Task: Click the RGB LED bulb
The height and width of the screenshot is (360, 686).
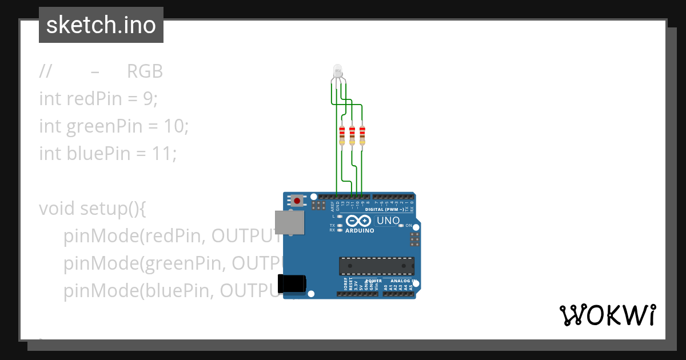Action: [337, 71]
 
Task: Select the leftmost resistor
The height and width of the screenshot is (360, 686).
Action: [342, 135]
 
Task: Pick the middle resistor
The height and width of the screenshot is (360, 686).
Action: [352, 135]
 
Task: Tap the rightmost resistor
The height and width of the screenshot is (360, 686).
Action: [362, 135]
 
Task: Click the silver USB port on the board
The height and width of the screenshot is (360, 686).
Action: [290, 223]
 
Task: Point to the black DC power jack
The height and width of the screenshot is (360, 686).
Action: [292, 284]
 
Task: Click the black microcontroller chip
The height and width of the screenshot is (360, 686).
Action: [376, 266]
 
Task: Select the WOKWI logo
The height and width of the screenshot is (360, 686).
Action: [607, 315]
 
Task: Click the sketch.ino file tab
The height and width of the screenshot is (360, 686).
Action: [101, 25]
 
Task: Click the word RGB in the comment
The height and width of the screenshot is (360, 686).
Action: [145, 71]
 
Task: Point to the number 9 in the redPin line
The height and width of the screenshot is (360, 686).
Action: [147, 99]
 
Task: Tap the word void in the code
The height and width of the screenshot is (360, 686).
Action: [57, 209]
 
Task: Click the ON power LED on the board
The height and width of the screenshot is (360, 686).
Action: [402, 226]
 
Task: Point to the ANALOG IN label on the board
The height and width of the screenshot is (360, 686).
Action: [402, 281]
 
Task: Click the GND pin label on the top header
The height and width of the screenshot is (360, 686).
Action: [337, 204]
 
